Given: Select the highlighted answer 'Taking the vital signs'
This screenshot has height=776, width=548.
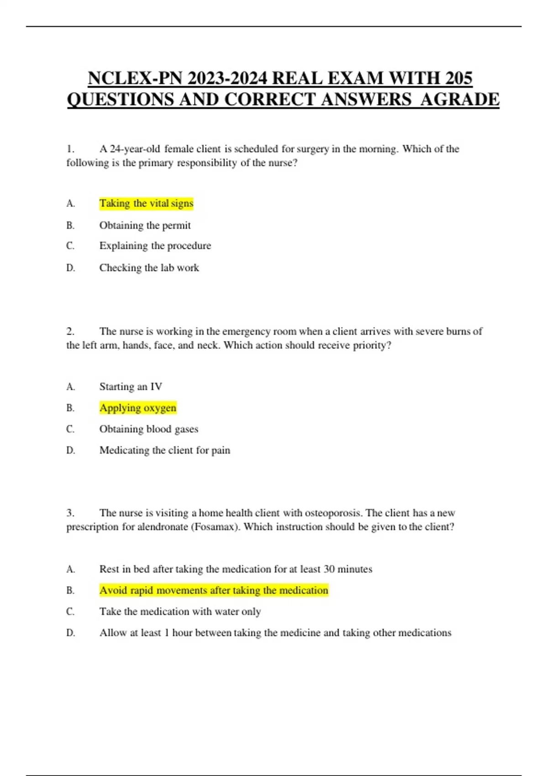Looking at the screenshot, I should (146, 203).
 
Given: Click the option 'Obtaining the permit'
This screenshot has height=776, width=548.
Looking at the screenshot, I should (145, 225).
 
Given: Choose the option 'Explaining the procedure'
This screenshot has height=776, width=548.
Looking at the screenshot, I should (155, 246).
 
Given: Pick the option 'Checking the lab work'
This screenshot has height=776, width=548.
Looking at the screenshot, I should (149, 267).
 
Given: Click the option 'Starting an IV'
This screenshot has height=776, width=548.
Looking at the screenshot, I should (131, 387).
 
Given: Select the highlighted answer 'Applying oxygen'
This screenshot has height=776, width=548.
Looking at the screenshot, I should (137, 408).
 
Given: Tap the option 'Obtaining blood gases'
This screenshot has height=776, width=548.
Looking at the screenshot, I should (148, 429).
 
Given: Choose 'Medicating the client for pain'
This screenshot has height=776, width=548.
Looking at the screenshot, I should (164, 450).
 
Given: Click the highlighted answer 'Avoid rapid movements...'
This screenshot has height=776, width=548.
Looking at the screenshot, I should (213, 590).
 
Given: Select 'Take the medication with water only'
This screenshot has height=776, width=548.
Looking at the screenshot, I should (180, 611).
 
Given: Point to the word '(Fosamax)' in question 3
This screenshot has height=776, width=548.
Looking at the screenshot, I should (215, 527).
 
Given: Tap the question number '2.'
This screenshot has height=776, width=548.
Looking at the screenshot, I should (70, 331).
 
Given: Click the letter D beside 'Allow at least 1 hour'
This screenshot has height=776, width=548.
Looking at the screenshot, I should (70, 633).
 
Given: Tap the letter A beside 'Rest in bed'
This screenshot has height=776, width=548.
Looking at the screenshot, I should (70, 569).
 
